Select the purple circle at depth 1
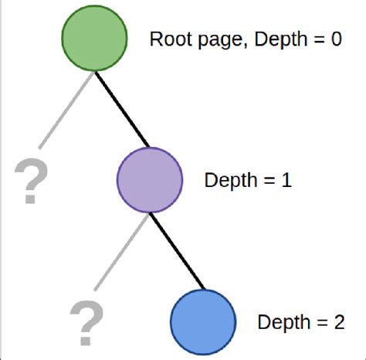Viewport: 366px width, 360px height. pos(149,180)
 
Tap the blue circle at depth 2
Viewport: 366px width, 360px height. pos(202,321)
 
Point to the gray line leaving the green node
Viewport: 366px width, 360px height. pos(66,108)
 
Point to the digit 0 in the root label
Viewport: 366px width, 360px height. pos(334,39)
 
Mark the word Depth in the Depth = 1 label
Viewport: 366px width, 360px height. pos(229,182)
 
